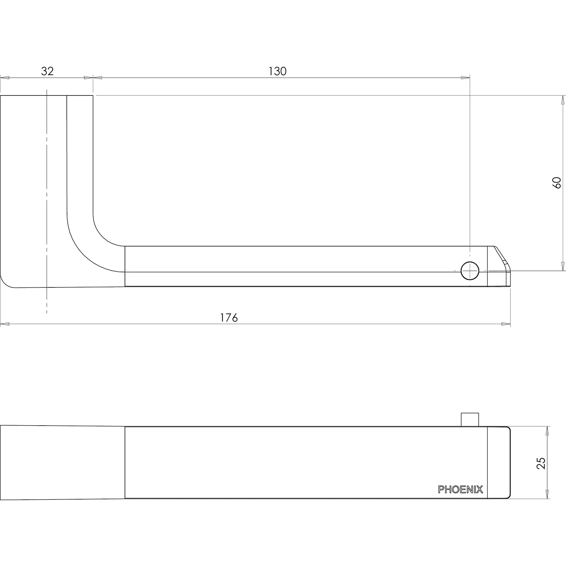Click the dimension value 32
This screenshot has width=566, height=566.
tap(47, 71)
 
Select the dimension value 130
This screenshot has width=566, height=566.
tap(277, 71)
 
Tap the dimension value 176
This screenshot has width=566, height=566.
tap(229, 318)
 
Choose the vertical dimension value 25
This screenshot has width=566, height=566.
tap(541, 463)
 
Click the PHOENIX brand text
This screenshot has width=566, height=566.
tap(460, 489)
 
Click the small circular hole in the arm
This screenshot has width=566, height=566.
tap(470, 270)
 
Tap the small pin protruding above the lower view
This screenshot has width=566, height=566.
tap(470, 420)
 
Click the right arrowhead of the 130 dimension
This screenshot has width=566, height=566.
tap(465, 77)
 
